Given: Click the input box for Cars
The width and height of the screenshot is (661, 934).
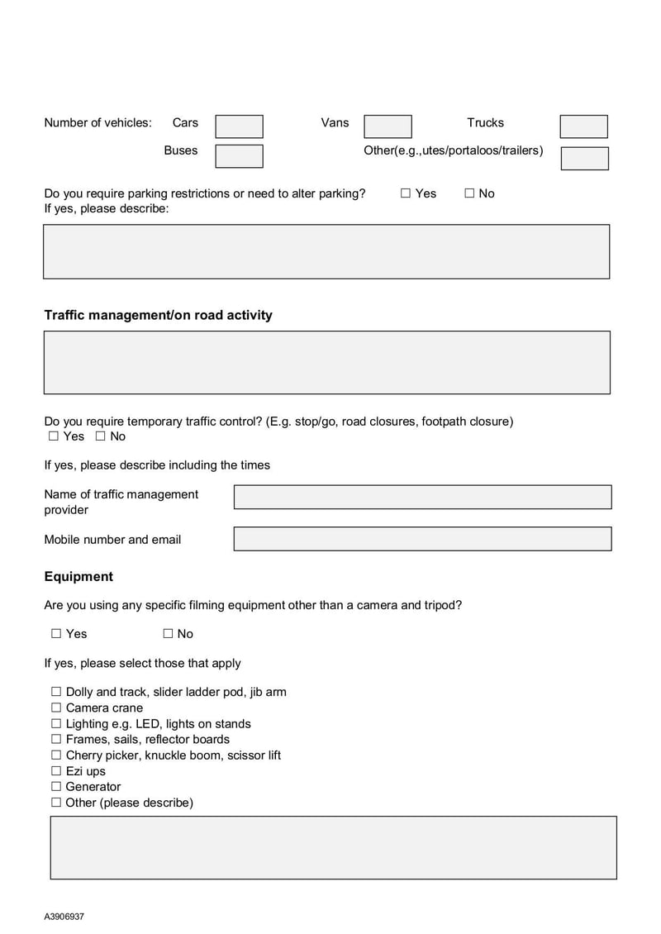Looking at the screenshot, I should [x=239, y=126].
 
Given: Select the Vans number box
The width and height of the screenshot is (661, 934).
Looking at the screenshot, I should [x=388, y=126].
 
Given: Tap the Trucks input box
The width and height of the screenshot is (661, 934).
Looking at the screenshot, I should [x=583, y=126].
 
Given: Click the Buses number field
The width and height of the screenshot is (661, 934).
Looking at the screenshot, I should [x=239, y=156].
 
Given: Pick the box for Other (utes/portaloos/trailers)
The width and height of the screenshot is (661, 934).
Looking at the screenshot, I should [x=584, y=159].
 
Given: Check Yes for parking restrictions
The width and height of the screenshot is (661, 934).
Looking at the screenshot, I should [x=406, y=193].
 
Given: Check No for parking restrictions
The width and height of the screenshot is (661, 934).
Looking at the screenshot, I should [x=469, y=193].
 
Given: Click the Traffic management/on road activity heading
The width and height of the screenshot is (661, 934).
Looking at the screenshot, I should [x=158, y=315].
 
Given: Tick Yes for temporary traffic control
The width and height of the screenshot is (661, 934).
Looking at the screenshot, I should [x=54, y=436].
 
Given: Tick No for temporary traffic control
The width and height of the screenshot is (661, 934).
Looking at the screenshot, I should [x=100, y=436].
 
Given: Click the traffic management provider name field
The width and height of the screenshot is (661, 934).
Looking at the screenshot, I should [x=422, y=497].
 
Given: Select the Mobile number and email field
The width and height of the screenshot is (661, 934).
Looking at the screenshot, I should [x=422, y=539].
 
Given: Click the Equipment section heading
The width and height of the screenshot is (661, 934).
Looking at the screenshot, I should [x=78, y=576].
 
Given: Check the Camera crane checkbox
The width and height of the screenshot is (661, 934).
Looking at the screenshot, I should [x=56, y=708].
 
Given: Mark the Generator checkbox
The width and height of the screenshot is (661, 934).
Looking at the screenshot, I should [x=56, y=787].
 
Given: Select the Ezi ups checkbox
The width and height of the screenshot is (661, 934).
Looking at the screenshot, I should [x=56, y=771].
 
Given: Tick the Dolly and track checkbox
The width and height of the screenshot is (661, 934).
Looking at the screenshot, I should [x=56, y=692].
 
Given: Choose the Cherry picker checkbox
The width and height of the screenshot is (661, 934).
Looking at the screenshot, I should [x=56, y=755].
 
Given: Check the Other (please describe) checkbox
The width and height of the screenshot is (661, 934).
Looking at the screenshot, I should [x=56, y=803].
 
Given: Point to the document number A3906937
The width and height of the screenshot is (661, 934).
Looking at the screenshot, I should [x=64, y=917].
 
